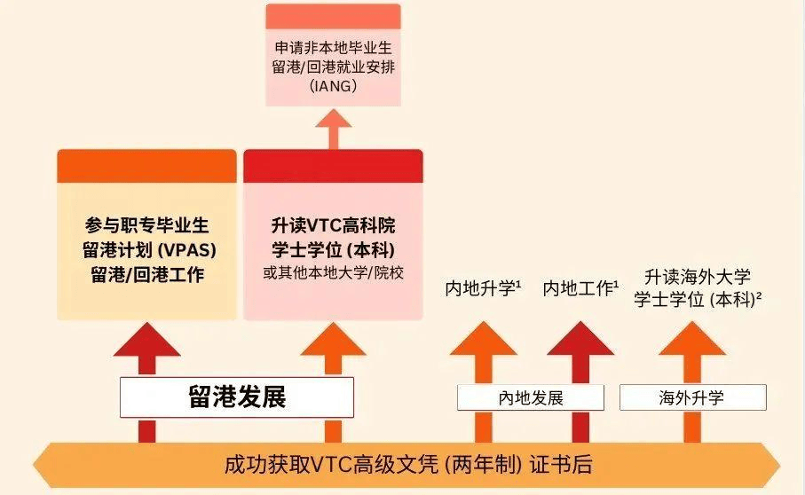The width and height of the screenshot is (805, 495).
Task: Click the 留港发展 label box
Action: pos(237,397)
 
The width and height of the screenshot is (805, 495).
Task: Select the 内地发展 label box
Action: pos(531,397)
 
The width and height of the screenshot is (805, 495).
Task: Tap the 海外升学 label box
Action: pos(692,397)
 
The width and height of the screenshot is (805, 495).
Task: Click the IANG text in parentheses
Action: pos(334,86)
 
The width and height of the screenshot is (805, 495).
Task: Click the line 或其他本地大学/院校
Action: pos(333,272)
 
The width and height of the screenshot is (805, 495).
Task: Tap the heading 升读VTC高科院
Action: pos(333,225)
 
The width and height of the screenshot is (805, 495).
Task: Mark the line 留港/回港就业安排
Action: pos(334,66)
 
